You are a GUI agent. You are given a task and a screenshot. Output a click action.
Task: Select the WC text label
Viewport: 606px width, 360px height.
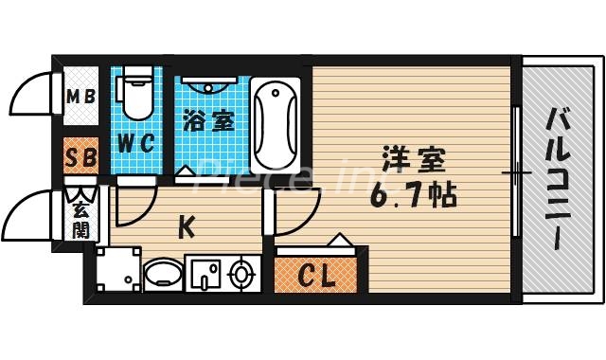click(x=136, y=145)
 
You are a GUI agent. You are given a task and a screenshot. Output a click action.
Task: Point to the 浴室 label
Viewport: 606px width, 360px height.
click(x=208, y=122)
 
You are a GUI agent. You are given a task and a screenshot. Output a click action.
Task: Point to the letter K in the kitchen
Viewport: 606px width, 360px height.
click(x=187, y=226)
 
